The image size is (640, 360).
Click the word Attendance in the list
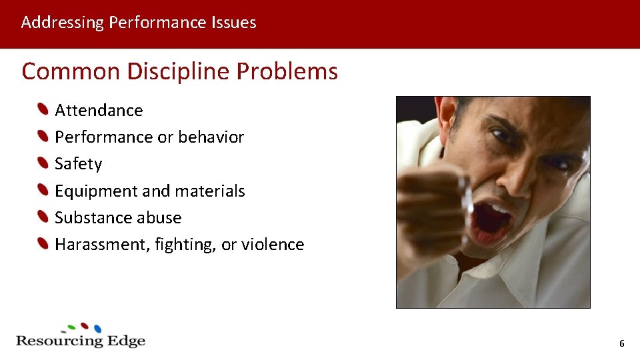(x=99, y=110)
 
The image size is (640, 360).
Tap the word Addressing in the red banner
(x=62, y=23)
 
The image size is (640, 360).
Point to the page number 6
(x=621, y=344)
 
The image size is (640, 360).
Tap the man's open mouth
(x=492, y=220)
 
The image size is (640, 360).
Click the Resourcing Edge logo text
(x=80, y=341)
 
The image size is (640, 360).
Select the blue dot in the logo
(x=97, y=329)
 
